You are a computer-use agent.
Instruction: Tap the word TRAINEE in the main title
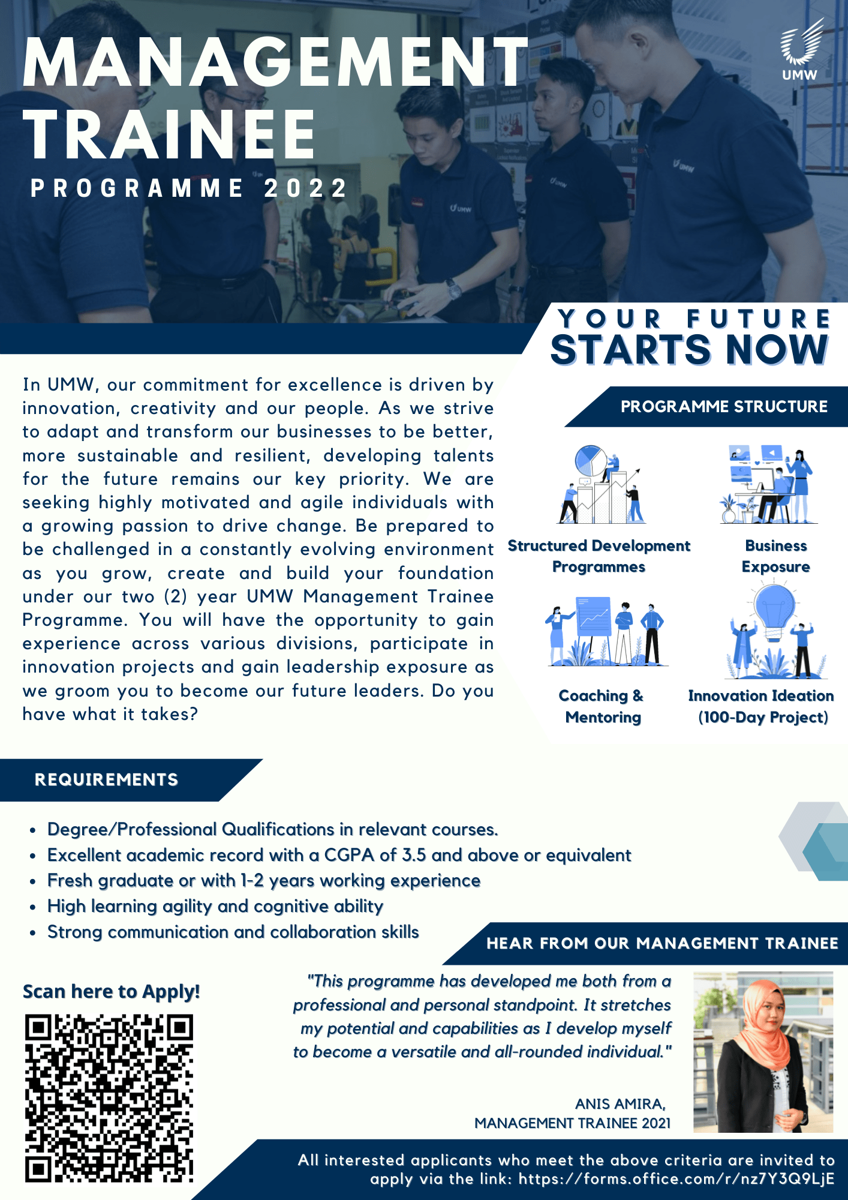click(170, 135)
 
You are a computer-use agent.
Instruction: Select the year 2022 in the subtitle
click(306, 188)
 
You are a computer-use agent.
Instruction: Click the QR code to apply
click(109, 1098)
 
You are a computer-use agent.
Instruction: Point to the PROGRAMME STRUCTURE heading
click(724, 407)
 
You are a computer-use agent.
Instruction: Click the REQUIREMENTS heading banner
click(107, 779)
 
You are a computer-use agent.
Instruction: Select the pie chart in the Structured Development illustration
click(591, 461)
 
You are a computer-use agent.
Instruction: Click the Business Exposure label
click(776, 556)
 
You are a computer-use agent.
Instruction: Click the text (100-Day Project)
click(763, 717)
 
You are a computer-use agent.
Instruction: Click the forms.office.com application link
click(676, 1179)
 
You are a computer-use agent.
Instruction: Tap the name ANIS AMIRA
click(620, 1104)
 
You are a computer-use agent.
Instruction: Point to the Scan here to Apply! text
click(111, 992)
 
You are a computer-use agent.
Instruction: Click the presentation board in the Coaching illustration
click(593, 616)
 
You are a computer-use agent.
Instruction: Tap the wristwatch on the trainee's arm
click(453, 290)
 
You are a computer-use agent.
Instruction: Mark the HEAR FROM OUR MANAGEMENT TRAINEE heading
click(662, 943)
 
